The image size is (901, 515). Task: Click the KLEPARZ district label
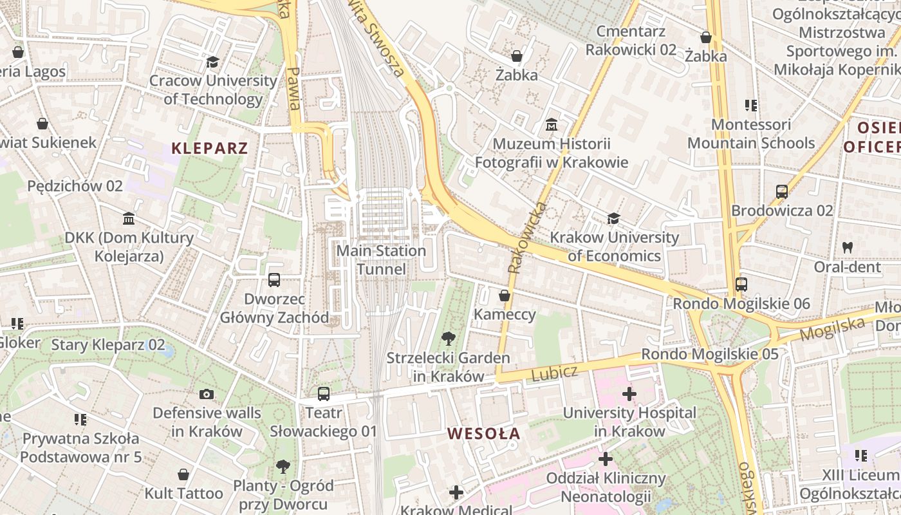point(209,148)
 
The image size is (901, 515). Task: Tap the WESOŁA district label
point(483,433)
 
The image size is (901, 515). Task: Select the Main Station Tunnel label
point(381,259)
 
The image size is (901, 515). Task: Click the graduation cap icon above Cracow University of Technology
point(212,62)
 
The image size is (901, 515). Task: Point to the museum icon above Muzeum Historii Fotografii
point(552,124)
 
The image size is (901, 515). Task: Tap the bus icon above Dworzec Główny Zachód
point(274,280)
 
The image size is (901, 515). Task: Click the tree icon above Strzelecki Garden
point(449,338)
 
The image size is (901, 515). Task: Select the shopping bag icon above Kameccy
point(505,295)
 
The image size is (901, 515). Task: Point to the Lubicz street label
point(554,373)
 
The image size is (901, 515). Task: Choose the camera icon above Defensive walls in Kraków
point(207,394)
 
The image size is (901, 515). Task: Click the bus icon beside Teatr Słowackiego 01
point(323,393)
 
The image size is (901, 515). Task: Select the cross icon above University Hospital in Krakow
point(629,393)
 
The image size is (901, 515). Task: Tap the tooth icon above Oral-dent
point(847,247)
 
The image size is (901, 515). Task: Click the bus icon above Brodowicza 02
point(782,191)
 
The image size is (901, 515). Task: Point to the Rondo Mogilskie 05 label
point(709,354)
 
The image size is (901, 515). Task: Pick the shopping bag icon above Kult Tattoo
point(183,474)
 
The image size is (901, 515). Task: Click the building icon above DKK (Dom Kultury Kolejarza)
point(129,219)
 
